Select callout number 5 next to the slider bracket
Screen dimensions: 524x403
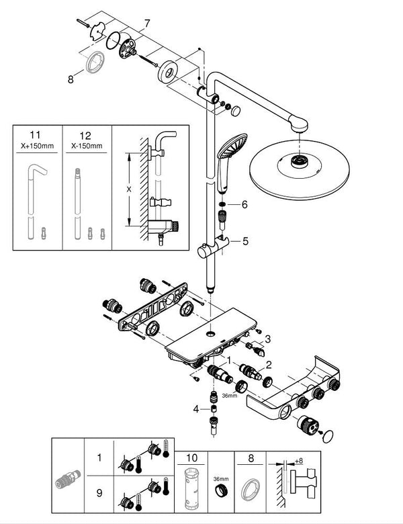click(245, 239)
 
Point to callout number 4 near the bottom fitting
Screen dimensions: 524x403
click(195, 408)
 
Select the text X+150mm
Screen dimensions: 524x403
click(38, 144)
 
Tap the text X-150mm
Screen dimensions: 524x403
click(86, 144)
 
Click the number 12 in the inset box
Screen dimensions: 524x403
click(86, 134)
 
